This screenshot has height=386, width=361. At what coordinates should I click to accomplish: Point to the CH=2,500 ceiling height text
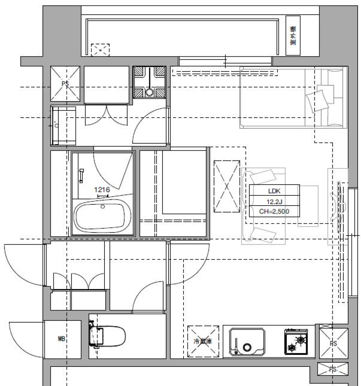(274, 211)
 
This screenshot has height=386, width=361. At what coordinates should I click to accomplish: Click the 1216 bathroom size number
(102, 190)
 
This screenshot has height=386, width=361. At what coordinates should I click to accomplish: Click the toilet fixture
(108, 336)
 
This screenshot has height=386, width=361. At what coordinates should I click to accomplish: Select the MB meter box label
(62, 339)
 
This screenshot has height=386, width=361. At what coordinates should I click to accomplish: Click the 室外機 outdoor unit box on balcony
(293, 36)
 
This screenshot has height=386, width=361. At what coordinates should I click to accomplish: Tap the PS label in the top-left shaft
(65, 83)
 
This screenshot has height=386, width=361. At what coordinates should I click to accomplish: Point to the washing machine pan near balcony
(149, 82)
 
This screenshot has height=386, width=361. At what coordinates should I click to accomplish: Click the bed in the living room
(291, 97)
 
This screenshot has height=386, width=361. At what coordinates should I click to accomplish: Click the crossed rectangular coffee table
(227, 186)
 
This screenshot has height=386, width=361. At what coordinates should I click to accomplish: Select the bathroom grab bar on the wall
(81, 176)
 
